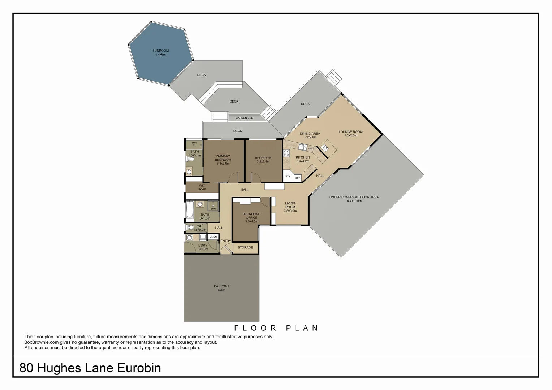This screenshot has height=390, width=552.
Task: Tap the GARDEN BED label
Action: pyautogui.click(x=244, y=118)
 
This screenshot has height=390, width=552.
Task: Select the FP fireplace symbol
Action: pyautogui.click(x=325, y=148)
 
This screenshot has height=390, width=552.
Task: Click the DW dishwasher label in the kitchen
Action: pyautogui.click(x=310, y=149)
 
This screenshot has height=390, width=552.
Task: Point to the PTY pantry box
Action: pyautogui.click(x=288, y=176)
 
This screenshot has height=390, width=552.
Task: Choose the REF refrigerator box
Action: pyautogui.click(x=298, y=178)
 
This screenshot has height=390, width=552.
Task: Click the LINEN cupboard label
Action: pyautogui.click(x=213, y=237)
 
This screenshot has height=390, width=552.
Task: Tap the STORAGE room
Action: pyautogui.click(x=245, y=248)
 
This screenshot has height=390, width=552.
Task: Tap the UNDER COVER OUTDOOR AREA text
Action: pyautogui.click(x=354, y=197)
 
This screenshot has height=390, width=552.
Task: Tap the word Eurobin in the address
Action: pyautogui.click(x=139, y=368)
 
